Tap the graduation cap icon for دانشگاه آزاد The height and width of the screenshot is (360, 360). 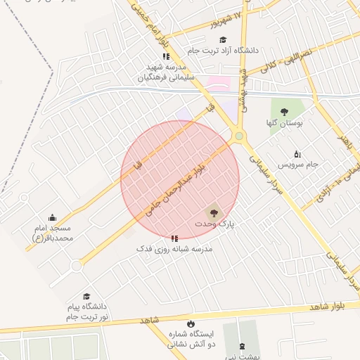coord(224,40)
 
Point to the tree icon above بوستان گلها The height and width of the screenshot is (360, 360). coord(284,112)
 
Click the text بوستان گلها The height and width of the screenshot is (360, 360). coord(285,122)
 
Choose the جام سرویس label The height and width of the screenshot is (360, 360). coord(297,164)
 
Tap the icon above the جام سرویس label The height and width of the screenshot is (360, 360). coord(297,154)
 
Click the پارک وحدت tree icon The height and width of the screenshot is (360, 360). coord(212,212)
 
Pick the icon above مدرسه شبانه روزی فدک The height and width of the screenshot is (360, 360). coord(174,238)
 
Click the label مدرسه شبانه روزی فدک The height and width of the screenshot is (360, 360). coord(174,249)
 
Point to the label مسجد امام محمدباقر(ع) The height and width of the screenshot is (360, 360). coord(53,233)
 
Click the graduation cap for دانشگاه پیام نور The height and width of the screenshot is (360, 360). coord(86,297)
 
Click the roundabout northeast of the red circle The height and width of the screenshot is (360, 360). coord(239,136)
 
